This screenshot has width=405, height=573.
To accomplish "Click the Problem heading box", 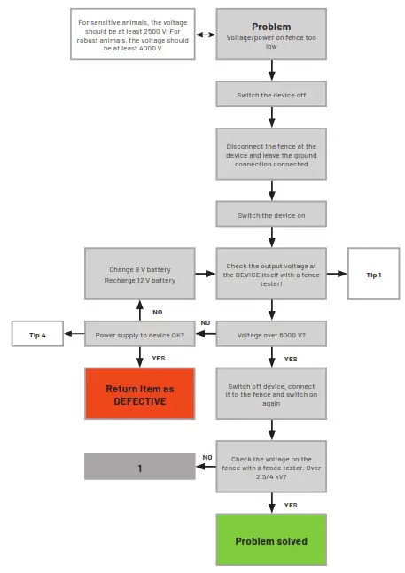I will (x=271, y=34).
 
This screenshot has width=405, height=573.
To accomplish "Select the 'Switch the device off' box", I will (x=271, y=94).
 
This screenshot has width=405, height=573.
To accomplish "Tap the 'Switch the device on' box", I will (x=271, y=214).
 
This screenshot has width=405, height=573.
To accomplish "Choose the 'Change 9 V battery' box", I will (x=139, y=274).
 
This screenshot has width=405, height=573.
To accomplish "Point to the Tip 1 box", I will (x=373, y=275).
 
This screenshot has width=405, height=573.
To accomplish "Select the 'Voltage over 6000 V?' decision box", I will (x=271, y=334).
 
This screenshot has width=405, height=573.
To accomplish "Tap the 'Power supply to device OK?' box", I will (x=139, y=334).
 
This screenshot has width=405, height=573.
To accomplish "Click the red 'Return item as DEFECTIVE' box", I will (x=139, y=394).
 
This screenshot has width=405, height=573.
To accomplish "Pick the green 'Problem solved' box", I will (x=271, y=540).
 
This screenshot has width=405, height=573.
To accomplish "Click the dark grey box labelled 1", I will (x=139, y=467).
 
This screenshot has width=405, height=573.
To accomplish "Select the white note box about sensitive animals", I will (x=133, y=35).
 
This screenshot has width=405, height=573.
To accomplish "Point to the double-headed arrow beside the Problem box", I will (x=206, y=35).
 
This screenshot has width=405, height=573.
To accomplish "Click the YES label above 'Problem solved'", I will (x=291, y=505).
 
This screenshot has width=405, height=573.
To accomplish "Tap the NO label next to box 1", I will (x=207, y=457).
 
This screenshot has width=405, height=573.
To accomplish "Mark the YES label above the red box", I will (x=159, y=358).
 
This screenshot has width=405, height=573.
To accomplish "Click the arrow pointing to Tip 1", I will (x=337, y=275).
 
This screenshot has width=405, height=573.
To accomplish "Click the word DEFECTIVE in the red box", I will (x=139, y=401).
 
